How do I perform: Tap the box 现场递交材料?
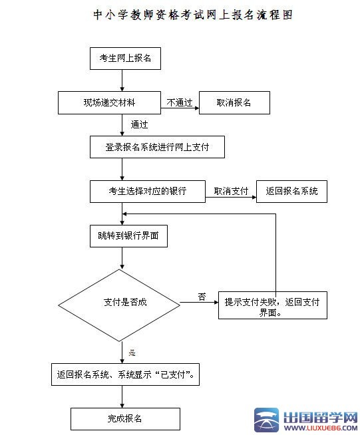(x=108, y=102)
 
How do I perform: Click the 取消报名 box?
(x=234, y=102)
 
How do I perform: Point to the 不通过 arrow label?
(x=179, y=102)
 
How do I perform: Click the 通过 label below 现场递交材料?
(x=139, y=124)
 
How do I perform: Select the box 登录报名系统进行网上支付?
(x=157, y=147)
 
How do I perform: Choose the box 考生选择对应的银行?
(x=147, y=192)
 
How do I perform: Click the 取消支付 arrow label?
(x=230, y=192)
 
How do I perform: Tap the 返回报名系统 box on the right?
(x=291, y=192)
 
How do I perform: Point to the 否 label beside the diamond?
(x=201, y=297)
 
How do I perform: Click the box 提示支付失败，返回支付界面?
(x=272, y=307)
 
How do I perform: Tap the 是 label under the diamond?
(x=132, y=352)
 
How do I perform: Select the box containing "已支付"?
(x=126, y=374)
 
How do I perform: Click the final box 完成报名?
(x=125, y=418)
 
